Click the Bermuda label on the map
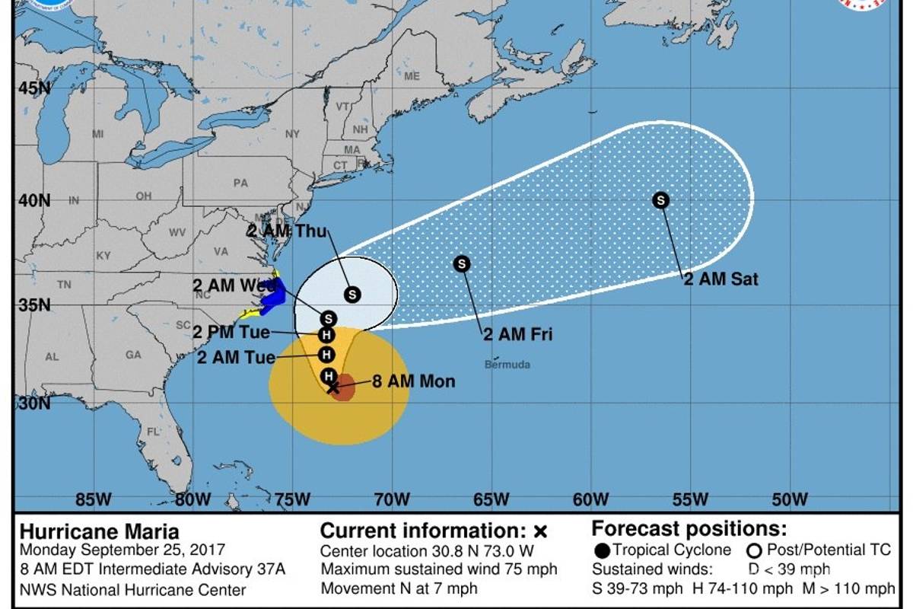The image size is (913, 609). (x=507, y=365)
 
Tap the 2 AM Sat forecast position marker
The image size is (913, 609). (x=661, y=200)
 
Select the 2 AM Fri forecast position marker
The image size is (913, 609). (x=462, y=264)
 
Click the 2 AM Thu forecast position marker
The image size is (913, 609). (x=352, y=294)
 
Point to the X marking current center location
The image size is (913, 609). (x=332, y=388)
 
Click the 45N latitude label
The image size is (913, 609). (x=34, y=88)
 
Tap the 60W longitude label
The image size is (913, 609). (x=590, y=499)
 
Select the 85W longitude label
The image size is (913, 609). (x=94, y=499)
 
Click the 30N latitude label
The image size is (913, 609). (x=34, y=403)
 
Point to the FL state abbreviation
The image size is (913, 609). (x=153, y=431)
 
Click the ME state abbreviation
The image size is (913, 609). (x=412, y=76)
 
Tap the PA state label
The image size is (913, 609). (x=240, y=183)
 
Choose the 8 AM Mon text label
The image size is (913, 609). (x=413, y=381)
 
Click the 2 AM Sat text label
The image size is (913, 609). (x=721, y=279)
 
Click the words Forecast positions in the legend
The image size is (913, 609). (x=689, y=529)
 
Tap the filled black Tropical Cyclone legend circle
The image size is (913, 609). (x=602, y=550)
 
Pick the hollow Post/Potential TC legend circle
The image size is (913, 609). (x=755, y=550)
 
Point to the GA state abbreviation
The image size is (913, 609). (x=133, y=354)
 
